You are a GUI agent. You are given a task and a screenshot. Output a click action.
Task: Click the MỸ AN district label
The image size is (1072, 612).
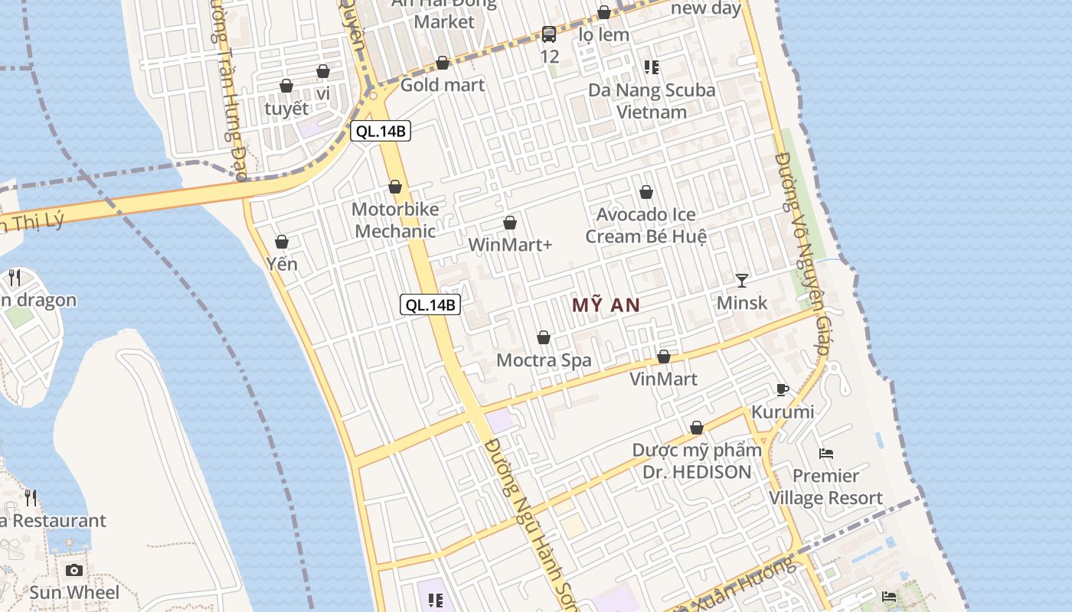pos(606,305)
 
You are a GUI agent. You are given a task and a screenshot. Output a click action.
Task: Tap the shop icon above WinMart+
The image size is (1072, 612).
pos(510,223)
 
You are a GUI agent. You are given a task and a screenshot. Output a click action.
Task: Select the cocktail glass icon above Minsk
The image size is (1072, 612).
pos(741,280)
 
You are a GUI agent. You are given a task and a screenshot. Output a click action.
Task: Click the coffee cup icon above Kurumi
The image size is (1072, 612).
pos(782,389)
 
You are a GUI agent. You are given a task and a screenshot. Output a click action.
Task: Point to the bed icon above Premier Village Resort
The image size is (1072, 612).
pos(825,453)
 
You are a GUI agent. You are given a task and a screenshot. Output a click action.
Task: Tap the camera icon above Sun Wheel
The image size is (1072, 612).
pos(74,570)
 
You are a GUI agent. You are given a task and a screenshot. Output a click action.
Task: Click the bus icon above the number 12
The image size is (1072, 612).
pos(549,34)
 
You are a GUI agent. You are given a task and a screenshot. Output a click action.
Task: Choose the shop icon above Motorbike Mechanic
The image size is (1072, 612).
pos(395,187)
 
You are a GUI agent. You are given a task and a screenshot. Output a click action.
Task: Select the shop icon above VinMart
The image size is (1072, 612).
pos(664,356)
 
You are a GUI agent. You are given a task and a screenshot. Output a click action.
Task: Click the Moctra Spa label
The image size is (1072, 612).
pos(544,360)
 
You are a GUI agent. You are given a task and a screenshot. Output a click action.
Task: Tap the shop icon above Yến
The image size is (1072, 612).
pos(282,242)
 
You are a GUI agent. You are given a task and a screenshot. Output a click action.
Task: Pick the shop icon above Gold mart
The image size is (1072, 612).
pos(443,63)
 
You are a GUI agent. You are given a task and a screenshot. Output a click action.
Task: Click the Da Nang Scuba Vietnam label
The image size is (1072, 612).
pos(652,101)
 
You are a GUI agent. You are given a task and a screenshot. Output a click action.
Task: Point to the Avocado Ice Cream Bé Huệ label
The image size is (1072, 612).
pos(645,225)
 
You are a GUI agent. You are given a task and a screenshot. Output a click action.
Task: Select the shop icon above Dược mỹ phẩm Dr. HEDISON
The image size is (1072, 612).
pos(697,428)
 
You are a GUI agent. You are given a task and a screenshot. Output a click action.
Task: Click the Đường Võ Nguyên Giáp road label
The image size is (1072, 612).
pos(802,252)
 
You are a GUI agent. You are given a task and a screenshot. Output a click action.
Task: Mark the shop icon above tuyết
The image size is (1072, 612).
pos(286,86)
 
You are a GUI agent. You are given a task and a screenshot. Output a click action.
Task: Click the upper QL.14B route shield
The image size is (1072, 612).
pos(381,131)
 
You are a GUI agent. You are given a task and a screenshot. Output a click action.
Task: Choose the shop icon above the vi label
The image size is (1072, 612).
pos(323,71)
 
